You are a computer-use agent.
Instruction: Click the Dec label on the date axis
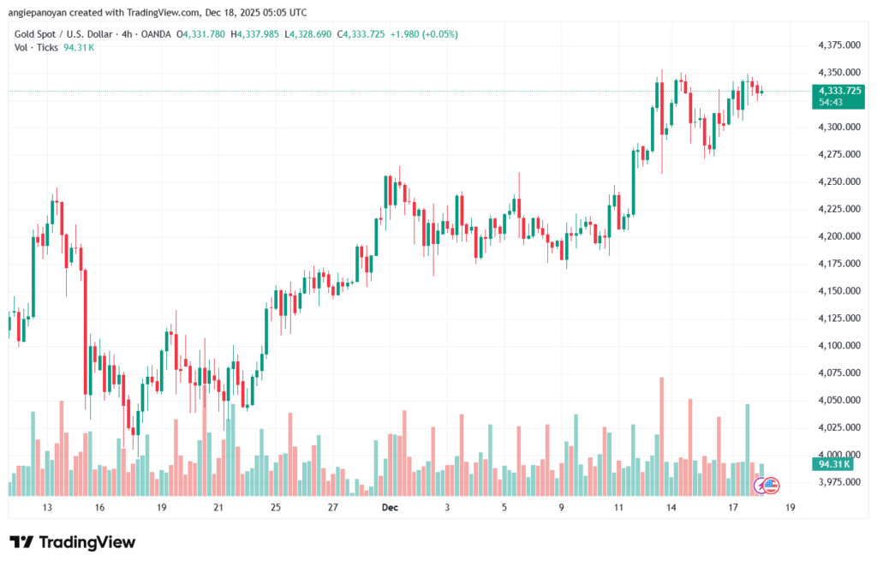tap(390, 508)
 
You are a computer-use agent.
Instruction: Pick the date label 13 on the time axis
tap(47, 508)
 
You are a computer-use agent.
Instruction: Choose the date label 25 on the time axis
tap(276, 508)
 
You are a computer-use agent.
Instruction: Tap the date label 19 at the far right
tap(790, 508)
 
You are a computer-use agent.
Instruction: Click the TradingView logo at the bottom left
tap(72, 542)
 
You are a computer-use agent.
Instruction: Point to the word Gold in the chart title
tap(25, 34)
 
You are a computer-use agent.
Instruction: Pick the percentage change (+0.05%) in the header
tap(437, 34)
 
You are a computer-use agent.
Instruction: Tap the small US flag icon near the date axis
tap(770, 486)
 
